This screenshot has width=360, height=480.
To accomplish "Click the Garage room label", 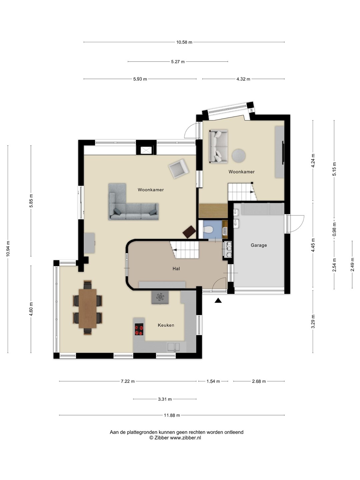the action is pos(259,245).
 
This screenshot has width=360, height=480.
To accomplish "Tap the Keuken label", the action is pos(166,325).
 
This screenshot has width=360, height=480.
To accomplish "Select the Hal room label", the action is pos(176,269).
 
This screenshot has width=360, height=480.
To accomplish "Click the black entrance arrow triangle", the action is pos(218,301).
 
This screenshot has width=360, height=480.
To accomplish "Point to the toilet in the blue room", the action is pos(208,230).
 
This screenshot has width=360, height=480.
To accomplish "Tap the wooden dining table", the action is pos(87,309).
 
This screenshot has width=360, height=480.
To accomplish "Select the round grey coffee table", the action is pos(238,156).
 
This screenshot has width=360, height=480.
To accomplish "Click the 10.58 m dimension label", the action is pos(184,42).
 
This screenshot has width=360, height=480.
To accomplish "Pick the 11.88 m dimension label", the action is pos(172,415).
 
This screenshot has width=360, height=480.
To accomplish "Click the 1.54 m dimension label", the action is pos(213,381).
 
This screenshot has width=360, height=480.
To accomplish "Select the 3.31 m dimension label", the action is pos(165,399).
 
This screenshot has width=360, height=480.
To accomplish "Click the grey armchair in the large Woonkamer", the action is pos(179,169).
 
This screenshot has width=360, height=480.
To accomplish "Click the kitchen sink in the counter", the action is pos(174,347).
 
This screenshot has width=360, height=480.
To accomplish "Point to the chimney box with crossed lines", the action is pos(146,150).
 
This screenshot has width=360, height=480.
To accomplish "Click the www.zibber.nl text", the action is pos(185,438).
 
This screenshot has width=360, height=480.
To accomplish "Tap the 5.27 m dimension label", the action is pos(178,62).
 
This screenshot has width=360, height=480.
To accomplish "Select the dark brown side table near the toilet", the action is pos(189,232).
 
